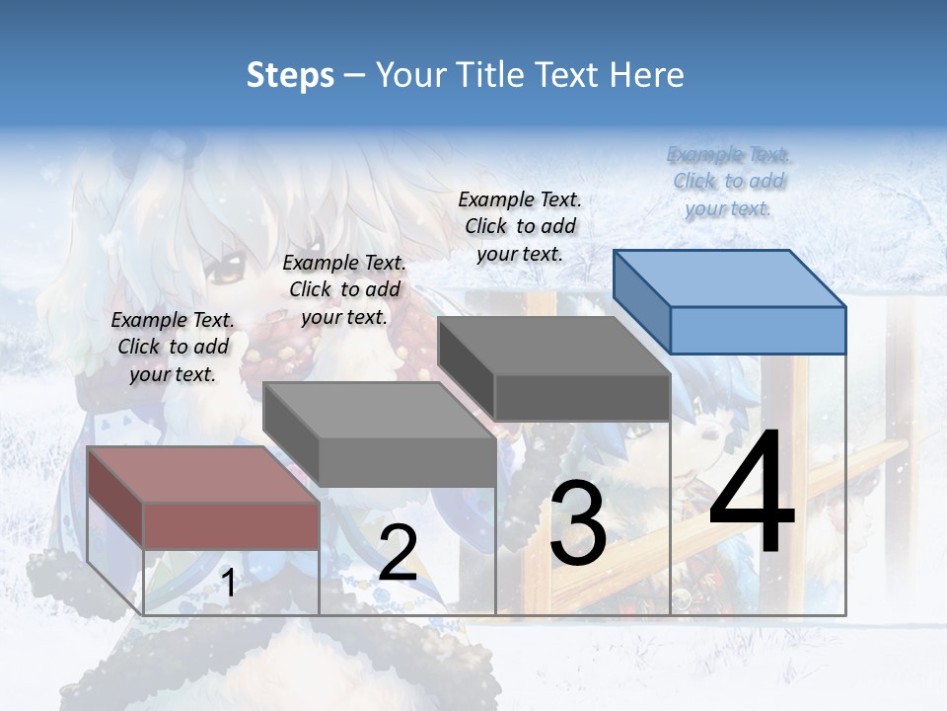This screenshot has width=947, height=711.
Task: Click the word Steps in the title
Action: point(290,75)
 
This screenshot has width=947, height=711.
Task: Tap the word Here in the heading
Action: point(645,75)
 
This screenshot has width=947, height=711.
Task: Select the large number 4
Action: point(752,493)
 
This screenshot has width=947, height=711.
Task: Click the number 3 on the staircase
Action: point(578,524)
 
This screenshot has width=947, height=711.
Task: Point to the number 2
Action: point(398,553)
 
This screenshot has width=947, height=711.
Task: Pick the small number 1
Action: point(228,584)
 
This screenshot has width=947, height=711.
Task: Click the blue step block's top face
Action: point(728,278)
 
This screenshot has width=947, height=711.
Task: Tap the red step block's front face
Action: point(231,525)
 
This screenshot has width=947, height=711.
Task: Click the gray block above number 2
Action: point(406,461)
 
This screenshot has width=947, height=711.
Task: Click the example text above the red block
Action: point(173,347)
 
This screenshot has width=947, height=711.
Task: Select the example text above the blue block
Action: point(729,181)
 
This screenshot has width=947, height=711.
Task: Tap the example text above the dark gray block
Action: point(520,226)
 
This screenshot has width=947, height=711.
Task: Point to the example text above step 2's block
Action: point(344,289)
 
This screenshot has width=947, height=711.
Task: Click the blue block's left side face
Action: point(641,301)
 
